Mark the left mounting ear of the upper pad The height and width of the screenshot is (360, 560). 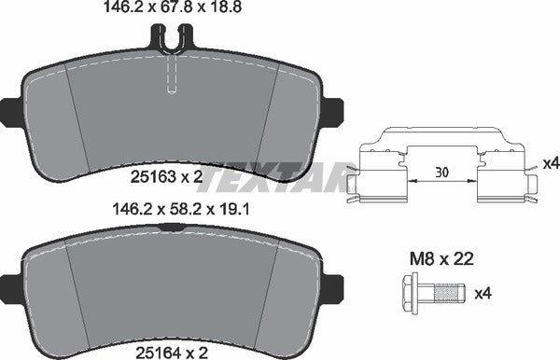(9, 112)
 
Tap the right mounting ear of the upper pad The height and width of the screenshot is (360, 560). (333, 112)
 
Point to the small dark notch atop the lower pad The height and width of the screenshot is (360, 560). (171, 227)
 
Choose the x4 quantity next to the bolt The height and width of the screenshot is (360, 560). (483, 294)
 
